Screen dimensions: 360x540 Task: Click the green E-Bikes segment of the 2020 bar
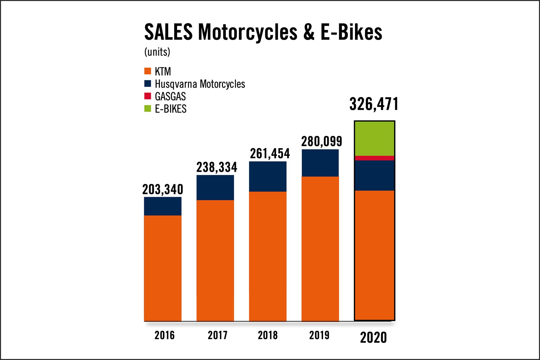pos(374,138)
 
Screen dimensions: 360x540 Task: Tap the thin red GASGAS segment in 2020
pos(374,158)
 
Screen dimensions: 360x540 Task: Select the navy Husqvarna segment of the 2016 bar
pos(163,206)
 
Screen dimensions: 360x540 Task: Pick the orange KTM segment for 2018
pos(268,256)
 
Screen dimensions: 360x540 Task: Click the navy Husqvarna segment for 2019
pos(320,163)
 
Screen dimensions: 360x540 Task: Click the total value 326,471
pos(374,104)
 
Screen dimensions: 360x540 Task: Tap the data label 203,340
pos(163,189)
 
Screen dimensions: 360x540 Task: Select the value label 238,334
pos(217,167)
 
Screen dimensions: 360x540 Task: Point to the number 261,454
pos(270,154)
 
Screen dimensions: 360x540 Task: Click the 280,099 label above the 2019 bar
pos(322,141)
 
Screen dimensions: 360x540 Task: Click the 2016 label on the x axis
pos(164,335)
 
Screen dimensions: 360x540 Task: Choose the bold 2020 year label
pos(373,337)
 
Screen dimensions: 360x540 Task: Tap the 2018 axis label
pos(268,335)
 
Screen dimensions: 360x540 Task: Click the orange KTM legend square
pos(147,71)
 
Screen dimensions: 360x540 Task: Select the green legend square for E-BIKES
pos(147,109)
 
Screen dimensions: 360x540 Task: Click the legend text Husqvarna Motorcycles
pos(200,84)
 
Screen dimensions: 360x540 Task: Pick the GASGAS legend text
pos(170,96)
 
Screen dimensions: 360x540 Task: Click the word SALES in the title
pos(168,32)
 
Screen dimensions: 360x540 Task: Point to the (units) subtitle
pos(157,52)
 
